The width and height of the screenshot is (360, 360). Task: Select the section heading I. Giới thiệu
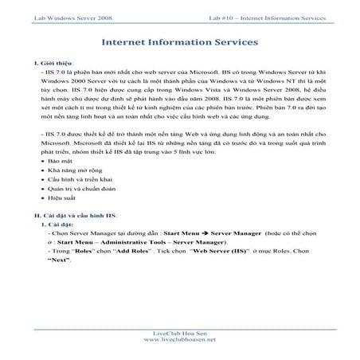[x=41, y=61]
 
